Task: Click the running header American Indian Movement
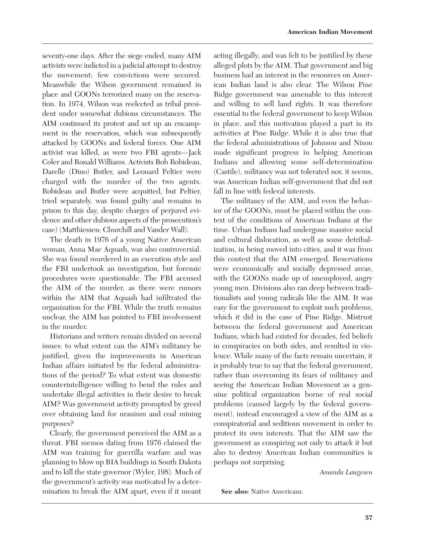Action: (329, 32)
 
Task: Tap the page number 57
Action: (369, 518)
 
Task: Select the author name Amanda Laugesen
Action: (346, 472)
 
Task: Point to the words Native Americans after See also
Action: (277, 492)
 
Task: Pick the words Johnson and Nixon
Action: (341, 143)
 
